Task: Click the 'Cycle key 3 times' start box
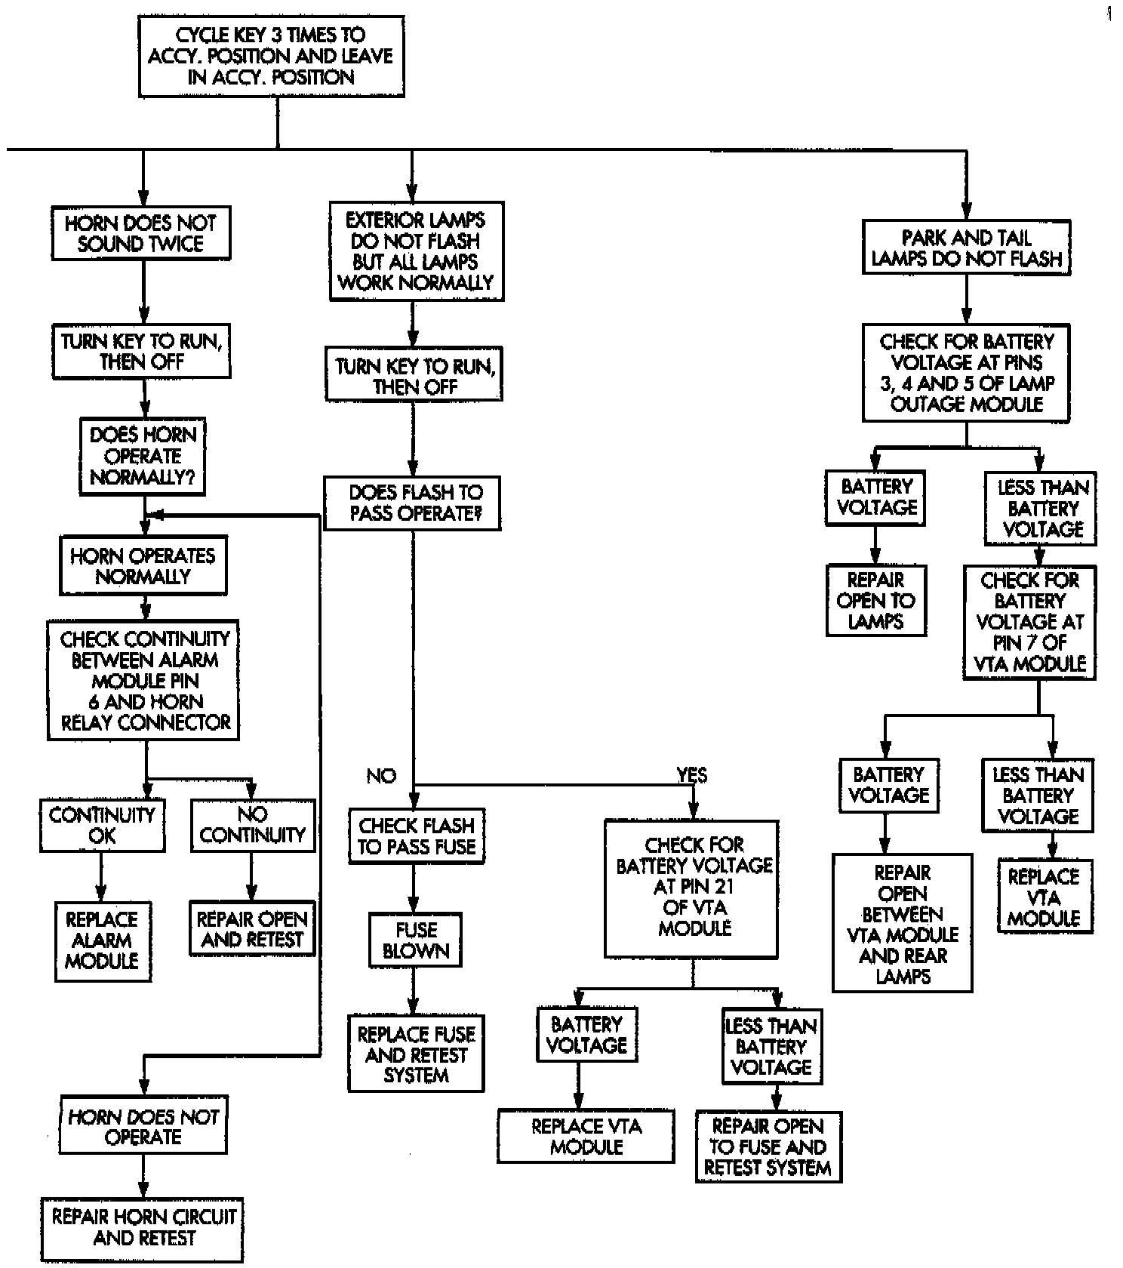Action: pos(271,56)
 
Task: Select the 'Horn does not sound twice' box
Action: pos(141,233)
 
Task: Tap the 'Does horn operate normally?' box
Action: pos(143,456)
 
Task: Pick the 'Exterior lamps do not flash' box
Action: pos(416,251)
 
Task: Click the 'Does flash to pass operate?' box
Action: pos(413,503)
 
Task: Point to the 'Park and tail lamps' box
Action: pos(966,248)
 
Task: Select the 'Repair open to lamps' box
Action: pos(875,601)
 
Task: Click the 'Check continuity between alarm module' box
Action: pos(143,681)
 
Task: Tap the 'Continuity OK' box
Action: pos(102,825)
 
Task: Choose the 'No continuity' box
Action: pos(252,825)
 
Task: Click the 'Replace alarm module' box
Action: pos(102,940)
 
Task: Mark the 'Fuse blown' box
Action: pos(415,940)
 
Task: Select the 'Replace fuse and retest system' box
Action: pos(416,1054)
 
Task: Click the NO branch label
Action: pos(381,776)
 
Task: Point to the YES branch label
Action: pos(691,775)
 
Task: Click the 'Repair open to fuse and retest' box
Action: pos(768,1146)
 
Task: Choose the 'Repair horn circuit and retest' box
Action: pos(143,1227)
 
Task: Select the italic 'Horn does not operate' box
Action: pos(143,1127)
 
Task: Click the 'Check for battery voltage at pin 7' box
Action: pos(1029,622)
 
